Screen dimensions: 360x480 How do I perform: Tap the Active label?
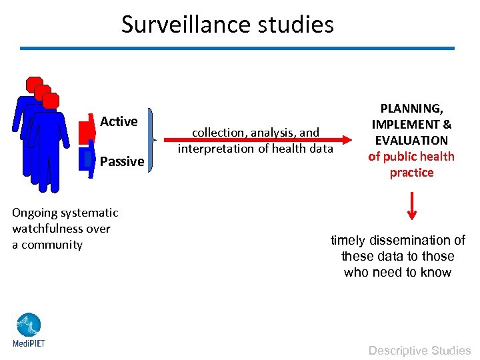[119, 121]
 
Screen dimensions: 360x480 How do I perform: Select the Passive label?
[122, 161]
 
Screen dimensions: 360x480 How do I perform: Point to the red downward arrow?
[412, 205]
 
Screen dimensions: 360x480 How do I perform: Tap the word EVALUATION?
[411, 140]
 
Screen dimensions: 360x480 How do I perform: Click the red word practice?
[411, 173]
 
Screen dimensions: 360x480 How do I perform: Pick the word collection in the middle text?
[219, 133]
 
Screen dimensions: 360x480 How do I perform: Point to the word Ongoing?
[35, 213]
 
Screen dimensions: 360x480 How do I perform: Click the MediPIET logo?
[27, 330]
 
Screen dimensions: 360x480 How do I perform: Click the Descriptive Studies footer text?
[420, 350]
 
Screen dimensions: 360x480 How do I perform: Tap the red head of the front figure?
[51, 101]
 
